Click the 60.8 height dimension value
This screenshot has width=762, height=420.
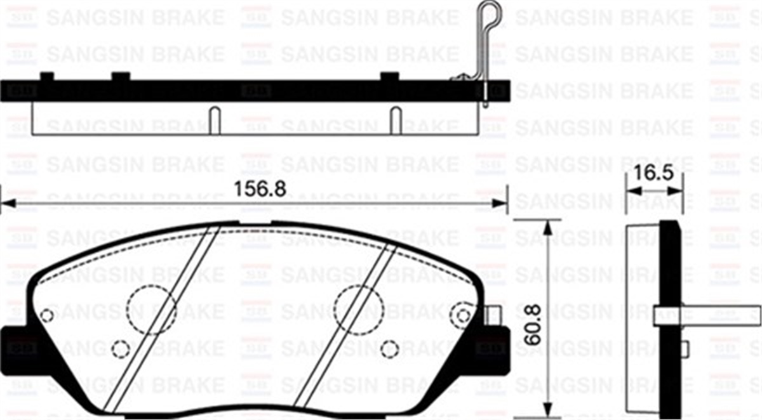click(535, 325)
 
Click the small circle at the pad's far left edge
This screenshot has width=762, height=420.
click(46, 315)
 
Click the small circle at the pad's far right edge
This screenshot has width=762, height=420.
click(464, 315)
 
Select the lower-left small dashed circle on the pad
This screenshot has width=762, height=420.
click(120, 348)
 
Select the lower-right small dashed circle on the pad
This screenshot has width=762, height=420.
click(391, 348)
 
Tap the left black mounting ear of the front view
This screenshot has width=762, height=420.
click(15, 346)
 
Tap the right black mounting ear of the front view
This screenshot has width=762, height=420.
click(495, 346)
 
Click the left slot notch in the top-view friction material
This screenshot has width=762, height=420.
click(215, 121)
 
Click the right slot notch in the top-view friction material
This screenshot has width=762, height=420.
click(395, 121)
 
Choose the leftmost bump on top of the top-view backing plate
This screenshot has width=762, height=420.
click(46, 76)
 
